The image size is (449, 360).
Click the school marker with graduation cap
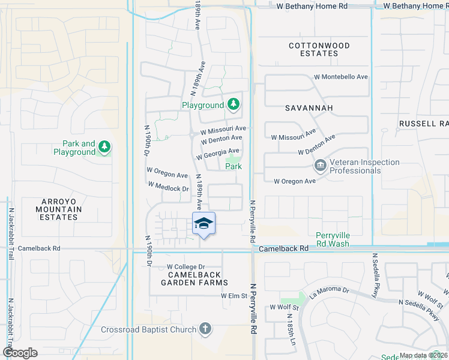(x=203, y=224)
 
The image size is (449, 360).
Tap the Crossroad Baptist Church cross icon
(x=205, y=329)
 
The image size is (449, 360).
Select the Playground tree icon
(x=233, y=106)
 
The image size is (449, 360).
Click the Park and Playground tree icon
(x=104, y=147)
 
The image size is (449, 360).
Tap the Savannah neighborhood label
(x=309, y=107)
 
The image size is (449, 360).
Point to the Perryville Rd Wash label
(x=333, y=239)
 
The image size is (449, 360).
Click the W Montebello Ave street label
(x=341, y=77)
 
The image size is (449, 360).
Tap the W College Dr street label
(x=185, y=267)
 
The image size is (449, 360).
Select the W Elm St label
(x=234, y=296)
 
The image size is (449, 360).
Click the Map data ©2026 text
(x=423, y=355)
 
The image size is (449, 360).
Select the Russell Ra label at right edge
(x=423, y=124)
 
